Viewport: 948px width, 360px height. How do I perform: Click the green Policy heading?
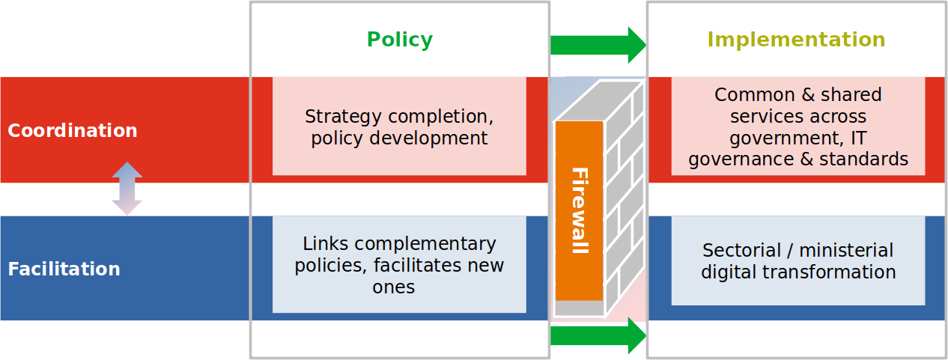[399, 40]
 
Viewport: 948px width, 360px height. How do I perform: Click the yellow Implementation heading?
[796, 40]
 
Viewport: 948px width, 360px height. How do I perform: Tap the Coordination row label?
[73, 131]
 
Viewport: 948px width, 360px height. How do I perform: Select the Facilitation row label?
[64, 269]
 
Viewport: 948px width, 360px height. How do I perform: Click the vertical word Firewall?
[580, 210]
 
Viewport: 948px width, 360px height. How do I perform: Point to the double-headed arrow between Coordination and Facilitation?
[127, 189]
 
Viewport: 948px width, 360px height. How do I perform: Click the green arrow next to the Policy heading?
[597, 45]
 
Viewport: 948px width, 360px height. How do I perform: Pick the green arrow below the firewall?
[597, 336]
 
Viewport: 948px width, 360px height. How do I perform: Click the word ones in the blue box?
[393, 287]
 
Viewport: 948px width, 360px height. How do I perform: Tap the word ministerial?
[845, 251]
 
